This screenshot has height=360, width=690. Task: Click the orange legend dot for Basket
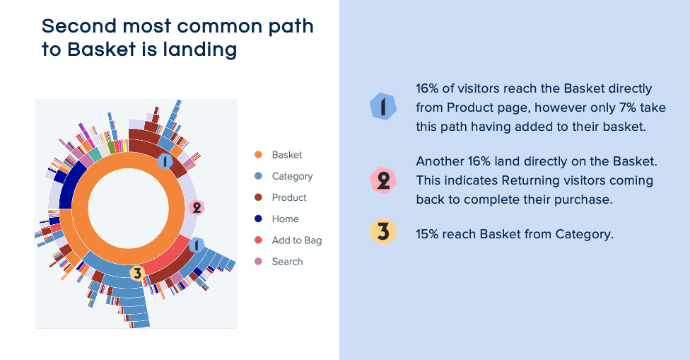258,154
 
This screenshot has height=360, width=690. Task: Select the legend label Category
292,177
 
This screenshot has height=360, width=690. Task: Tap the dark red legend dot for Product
258,197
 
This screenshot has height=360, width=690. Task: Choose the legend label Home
285,219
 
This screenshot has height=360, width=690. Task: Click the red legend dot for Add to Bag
258,240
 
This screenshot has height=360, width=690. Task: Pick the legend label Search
287,262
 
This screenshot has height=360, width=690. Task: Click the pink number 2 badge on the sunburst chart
197,207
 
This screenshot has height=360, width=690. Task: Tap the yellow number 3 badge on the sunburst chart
137,273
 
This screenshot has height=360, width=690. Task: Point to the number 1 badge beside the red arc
197,245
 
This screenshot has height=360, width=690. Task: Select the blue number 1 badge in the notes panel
383,107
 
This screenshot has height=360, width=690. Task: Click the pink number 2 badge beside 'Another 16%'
383,180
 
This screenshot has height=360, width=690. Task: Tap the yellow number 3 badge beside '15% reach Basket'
383,231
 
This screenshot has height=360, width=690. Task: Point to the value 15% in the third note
427,234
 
